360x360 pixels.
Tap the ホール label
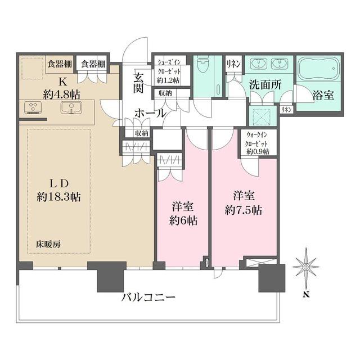[150, 113]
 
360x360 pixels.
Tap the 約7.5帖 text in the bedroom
[244, 211]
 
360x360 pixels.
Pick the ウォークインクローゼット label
[258, 143]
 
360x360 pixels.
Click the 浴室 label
[323, 95]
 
